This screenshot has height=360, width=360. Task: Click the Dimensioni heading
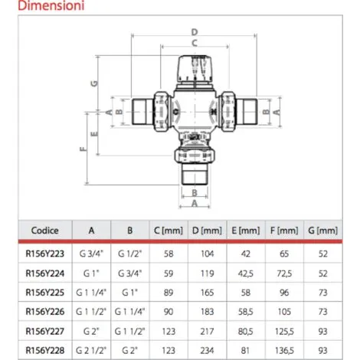click(51, 5)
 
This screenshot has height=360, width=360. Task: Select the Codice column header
click(44, 231)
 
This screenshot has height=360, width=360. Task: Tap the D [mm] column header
click(207, 231)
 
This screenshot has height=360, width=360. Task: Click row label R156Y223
click(44, 254)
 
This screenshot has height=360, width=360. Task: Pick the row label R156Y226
click(44, 312)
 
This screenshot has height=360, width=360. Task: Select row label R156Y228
click(44, 350)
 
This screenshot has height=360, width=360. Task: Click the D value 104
click(207, 254)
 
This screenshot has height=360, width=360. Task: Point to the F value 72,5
click(284, 273)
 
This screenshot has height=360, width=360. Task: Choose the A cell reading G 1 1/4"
click(91, 293)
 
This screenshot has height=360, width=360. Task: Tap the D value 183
click(207, 312)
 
